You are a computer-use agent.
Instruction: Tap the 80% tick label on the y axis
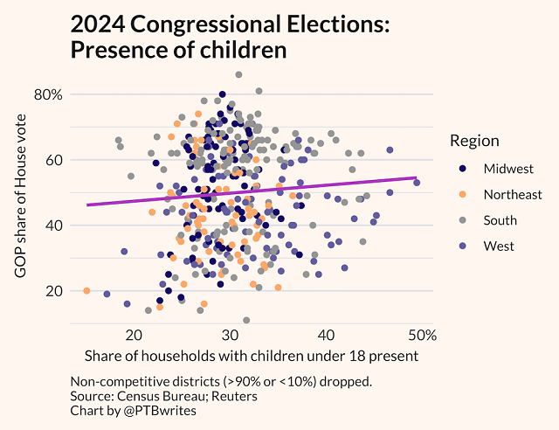point(50,94)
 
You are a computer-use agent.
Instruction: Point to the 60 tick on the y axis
point(54,160)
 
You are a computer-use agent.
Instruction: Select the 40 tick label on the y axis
point(54,225)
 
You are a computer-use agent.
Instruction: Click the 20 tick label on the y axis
point(54,291)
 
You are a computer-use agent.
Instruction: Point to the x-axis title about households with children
point(252,357)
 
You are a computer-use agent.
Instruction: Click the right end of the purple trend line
point(416,177)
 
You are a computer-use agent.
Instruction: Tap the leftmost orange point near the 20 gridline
point(86,290)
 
